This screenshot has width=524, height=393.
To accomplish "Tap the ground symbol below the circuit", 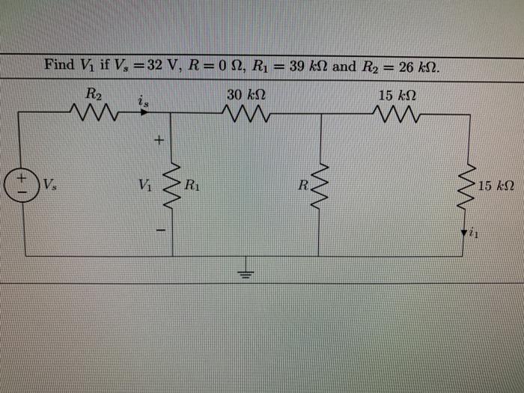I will [244, 270].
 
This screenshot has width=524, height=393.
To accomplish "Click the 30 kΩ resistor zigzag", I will [245, 115].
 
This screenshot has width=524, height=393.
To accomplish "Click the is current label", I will [142, 100].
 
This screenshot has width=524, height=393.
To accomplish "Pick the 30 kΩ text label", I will [245, 96].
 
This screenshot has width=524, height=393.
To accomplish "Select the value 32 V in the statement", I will [159, 65].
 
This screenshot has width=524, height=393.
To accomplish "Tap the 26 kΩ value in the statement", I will [419, 66].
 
